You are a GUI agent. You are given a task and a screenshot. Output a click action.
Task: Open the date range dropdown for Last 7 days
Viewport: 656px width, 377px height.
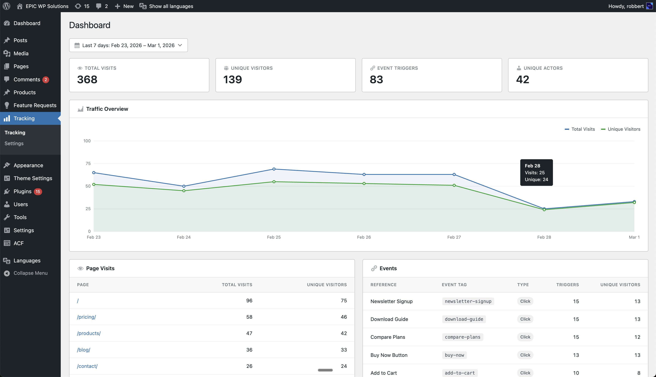pyautogui.click(x=128, y=45)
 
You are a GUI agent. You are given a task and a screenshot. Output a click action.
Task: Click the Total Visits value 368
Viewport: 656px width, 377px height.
pyautogui.click(x=87, y=79)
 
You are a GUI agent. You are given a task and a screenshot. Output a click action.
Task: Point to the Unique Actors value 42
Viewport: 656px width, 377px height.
pyautogui.click(x=523, y=79)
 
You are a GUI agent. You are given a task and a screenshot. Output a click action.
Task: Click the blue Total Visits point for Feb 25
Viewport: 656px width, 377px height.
pyautogui.click(x=274, y=169)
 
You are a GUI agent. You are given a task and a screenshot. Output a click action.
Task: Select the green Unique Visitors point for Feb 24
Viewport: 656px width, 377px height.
pyautogui.click(x=184, y=191)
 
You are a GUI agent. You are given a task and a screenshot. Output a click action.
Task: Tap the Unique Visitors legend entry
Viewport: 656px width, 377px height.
pyautogui.click(x=621, y=129)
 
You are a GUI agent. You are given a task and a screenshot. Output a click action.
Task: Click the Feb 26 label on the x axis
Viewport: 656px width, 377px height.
pyautogui.click(x=364, y=237)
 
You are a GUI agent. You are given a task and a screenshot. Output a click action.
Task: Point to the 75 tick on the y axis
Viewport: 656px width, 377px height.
pyautogui.click(x=88, y=163)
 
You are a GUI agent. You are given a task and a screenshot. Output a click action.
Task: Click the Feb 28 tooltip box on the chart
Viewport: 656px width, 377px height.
pyautogui.click(x=536, y=173)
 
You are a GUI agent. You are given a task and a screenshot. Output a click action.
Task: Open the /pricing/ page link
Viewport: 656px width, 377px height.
pyautogui.click(x=86, y=317)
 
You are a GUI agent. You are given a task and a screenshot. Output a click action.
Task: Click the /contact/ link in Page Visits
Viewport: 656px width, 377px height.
pyautogui.click(x=87, y=366)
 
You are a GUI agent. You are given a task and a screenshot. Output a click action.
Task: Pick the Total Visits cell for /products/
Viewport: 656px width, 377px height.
pyautogui.click(x=249, y=333)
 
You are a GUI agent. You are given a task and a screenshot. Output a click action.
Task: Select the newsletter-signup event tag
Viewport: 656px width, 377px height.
pyautogui.click(x=468, y=301)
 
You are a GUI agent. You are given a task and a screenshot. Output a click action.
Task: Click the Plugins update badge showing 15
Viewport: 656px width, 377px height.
pyautogui.click(x=38, y=192)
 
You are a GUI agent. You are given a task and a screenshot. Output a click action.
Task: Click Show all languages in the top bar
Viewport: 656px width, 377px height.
pyautogui.click(x=171, y=6)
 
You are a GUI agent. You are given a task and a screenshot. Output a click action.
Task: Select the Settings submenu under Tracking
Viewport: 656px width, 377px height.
pyautogui.click(x=14, y=143)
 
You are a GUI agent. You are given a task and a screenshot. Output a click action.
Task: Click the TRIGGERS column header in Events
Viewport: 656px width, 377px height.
pyautogui.click(x=567, y=285)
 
